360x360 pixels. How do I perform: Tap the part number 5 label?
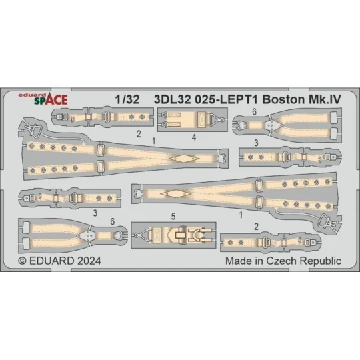pos(173,216)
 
